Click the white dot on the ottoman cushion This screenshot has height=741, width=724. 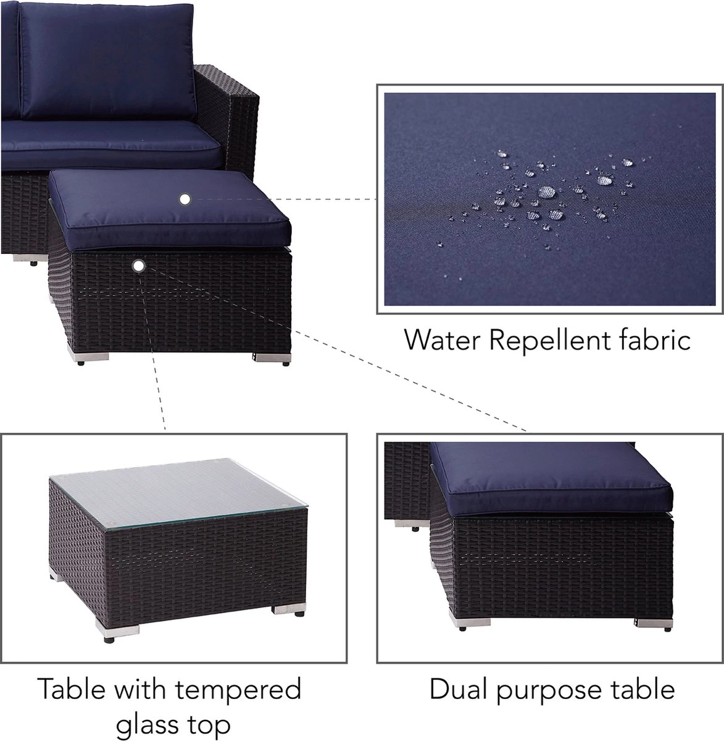[185, 199]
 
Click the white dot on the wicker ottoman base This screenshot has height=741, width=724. [138, 266]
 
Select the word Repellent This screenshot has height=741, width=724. [550, 341]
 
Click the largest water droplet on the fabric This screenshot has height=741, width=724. [547, 191]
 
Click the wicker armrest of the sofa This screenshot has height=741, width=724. [228, 114]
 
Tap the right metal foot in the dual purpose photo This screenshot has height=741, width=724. [654, 622]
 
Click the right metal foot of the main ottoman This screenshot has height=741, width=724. [273, 358]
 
